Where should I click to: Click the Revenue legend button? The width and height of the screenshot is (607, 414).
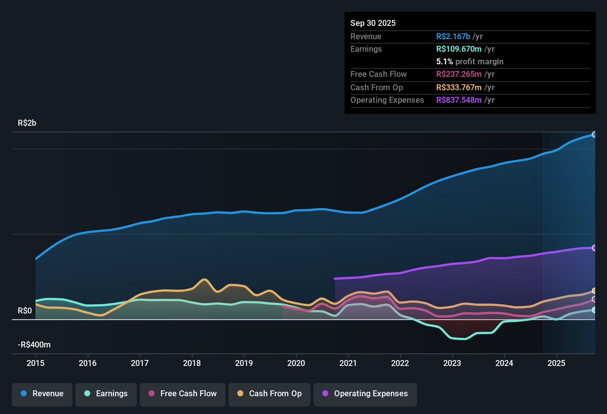point(42,394)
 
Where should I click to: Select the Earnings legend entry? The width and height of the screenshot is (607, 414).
point(106,394)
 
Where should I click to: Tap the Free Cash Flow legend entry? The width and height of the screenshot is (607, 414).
point(183,394)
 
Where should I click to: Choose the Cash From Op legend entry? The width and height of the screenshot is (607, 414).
point(269,394)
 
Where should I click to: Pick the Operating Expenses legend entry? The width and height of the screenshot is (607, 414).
point(365,394)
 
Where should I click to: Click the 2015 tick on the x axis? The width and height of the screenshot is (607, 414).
point(35,363)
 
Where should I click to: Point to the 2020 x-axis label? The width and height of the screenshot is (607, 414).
point(296,363)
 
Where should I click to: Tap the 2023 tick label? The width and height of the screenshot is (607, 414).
point(452,363)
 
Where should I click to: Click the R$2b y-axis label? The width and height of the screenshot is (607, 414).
point(27,123)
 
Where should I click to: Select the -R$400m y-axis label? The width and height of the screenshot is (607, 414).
point(34,345)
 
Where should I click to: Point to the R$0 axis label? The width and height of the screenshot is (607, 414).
point(25,311)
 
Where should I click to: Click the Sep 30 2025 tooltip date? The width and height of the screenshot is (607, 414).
point(373,23)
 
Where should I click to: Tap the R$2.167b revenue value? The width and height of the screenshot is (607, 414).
point(453,36)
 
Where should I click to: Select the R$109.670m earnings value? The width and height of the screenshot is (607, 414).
point(459,49)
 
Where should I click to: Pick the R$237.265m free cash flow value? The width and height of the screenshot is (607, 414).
point(459,74)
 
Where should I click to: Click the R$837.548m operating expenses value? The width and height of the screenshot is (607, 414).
point(459,100)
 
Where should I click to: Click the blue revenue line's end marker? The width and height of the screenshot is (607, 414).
point(594,134)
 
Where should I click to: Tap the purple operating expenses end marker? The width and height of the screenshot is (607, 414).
point(594,248)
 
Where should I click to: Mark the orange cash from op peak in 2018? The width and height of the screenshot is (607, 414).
point(204,279)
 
